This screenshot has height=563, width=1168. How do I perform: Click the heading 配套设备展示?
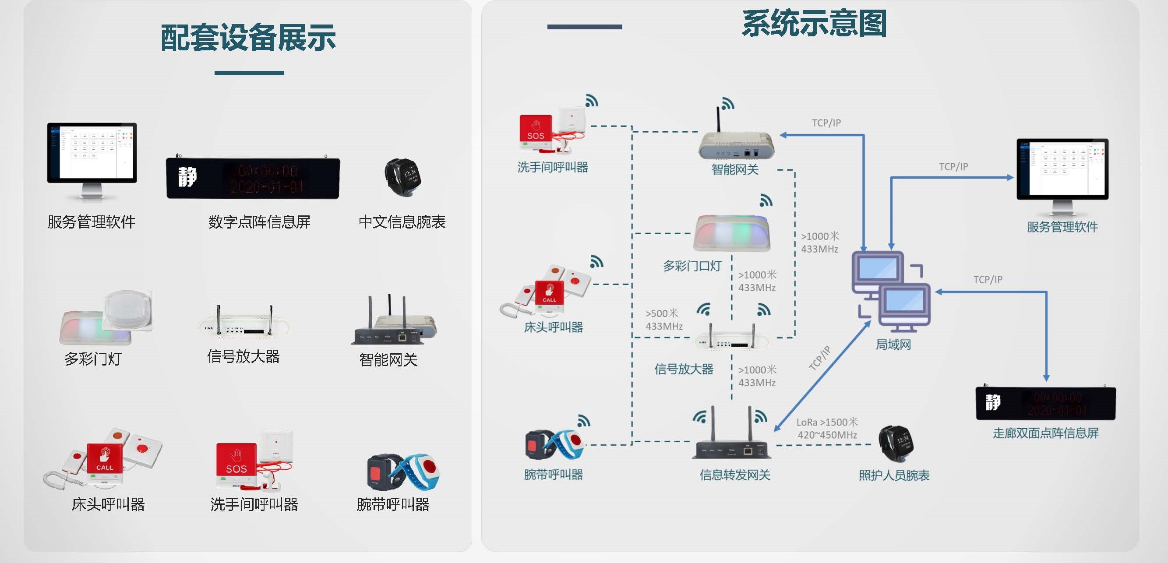point(248,38)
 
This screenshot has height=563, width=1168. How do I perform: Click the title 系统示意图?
point(814,24)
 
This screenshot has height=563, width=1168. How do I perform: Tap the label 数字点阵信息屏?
point(259,222)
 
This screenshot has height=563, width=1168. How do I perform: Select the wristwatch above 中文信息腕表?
point(402,177)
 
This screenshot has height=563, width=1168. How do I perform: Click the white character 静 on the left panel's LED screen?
point(187,177)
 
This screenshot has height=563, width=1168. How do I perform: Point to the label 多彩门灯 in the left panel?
point(93,359)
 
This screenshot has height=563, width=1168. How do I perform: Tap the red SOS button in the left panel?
point(236,460)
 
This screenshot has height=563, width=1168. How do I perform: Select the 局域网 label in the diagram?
point(893,345)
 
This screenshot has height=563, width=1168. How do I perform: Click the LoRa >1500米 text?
point(827,422)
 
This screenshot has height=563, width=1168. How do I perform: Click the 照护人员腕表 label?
point(894,475)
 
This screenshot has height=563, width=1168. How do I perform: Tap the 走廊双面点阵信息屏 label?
point(1045,433)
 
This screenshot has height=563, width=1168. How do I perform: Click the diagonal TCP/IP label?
point(819,359)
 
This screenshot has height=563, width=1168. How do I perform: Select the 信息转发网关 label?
point(734,475)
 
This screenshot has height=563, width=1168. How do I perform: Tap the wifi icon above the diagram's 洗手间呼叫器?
point(591,101)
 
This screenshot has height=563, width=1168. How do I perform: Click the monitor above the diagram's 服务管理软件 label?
point(1062,170)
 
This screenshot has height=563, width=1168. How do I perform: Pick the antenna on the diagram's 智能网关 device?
point(719,120)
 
